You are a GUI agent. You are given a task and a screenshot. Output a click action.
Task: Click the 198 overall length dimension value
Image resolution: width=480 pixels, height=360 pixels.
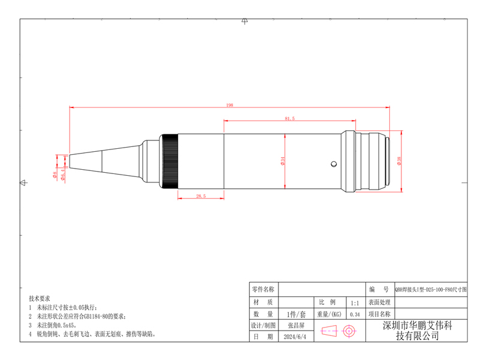[x=230, y=105]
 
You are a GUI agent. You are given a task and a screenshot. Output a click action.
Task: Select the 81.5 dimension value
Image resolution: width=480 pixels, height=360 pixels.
[x=290, y=118]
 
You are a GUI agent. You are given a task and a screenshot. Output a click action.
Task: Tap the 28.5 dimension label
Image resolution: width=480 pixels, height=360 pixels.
[x=201, y=196]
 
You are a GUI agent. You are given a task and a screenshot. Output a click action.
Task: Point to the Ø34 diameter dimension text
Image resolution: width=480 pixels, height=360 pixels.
[x=282, y=161]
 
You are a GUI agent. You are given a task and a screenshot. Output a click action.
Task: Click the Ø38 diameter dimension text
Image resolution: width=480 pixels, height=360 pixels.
[x=399, y=160]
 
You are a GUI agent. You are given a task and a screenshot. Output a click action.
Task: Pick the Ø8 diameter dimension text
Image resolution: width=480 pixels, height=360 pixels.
[x=54, y=176]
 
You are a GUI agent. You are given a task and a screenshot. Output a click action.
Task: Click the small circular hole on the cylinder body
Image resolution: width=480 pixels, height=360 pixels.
[x=332, y=163]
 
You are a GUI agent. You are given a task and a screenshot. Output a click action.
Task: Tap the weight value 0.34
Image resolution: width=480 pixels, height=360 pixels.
[x=355, y=314]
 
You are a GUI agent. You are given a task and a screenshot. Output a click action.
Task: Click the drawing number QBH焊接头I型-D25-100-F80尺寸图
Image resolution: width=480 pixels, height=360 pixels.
[x=430, y=289]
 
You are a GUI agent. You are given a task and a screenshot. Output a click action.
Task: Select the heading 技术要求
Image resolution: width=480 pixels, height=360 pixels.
[x=40, y=298]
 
